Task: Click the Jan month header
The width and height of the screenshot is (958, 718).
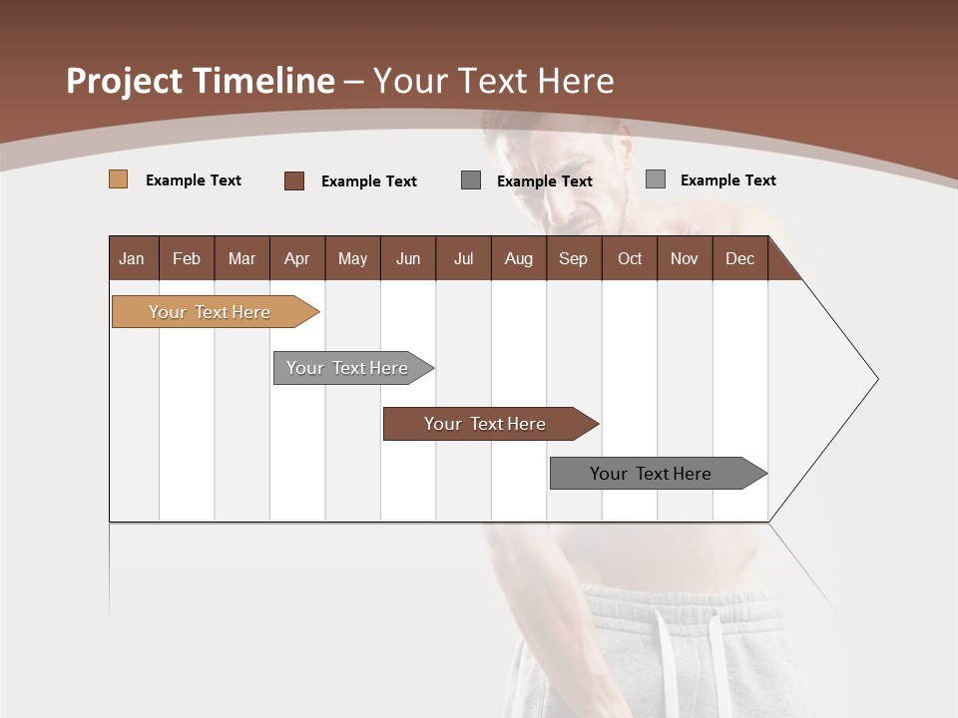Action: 132,258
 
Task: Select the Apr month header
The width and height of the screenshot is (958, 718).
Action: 296,258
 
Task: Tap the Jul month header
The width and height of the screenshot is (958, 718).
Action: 463,258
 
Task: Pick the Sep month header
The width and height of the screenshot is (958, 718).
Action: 573,258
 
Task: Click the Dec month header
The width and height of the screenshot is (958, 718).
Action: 739,258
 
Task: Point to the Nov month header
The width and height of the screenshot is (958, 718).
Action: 684,258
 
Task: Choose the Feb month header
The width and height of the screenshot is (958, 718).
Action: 187,258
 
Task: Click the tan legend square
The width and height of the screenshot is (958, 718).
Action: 118,179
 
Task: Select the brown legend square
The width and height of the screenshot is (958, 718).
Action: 293,180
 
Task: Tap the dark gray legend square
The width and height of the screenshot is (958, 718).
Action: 471,180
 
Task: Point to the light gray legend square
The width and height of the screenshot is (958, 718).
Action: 656,179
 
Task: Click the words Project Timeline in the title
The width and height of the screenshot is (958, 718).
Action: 200,81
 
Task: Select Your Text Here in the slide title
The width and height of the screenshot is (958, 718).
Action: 494,81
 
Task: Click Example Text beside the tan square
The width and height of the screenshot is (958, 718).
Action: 194,180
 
